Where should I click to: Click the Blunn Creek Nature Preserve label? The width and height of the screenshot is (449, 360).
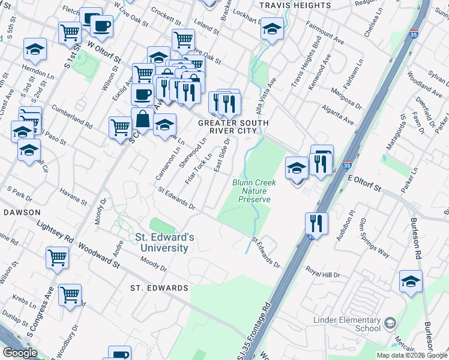[251, 191]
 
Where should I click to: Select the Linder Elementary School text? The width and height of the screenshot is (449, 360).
[347, 324]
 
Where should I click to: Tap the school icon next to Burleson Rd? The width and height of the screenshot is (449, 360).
[411, 281]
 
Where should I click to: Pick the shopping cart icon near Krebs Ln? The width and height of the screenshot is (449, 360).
[70, 295]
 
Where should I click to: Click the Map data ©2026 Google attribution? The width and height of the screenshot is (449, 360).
[411, 355]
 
